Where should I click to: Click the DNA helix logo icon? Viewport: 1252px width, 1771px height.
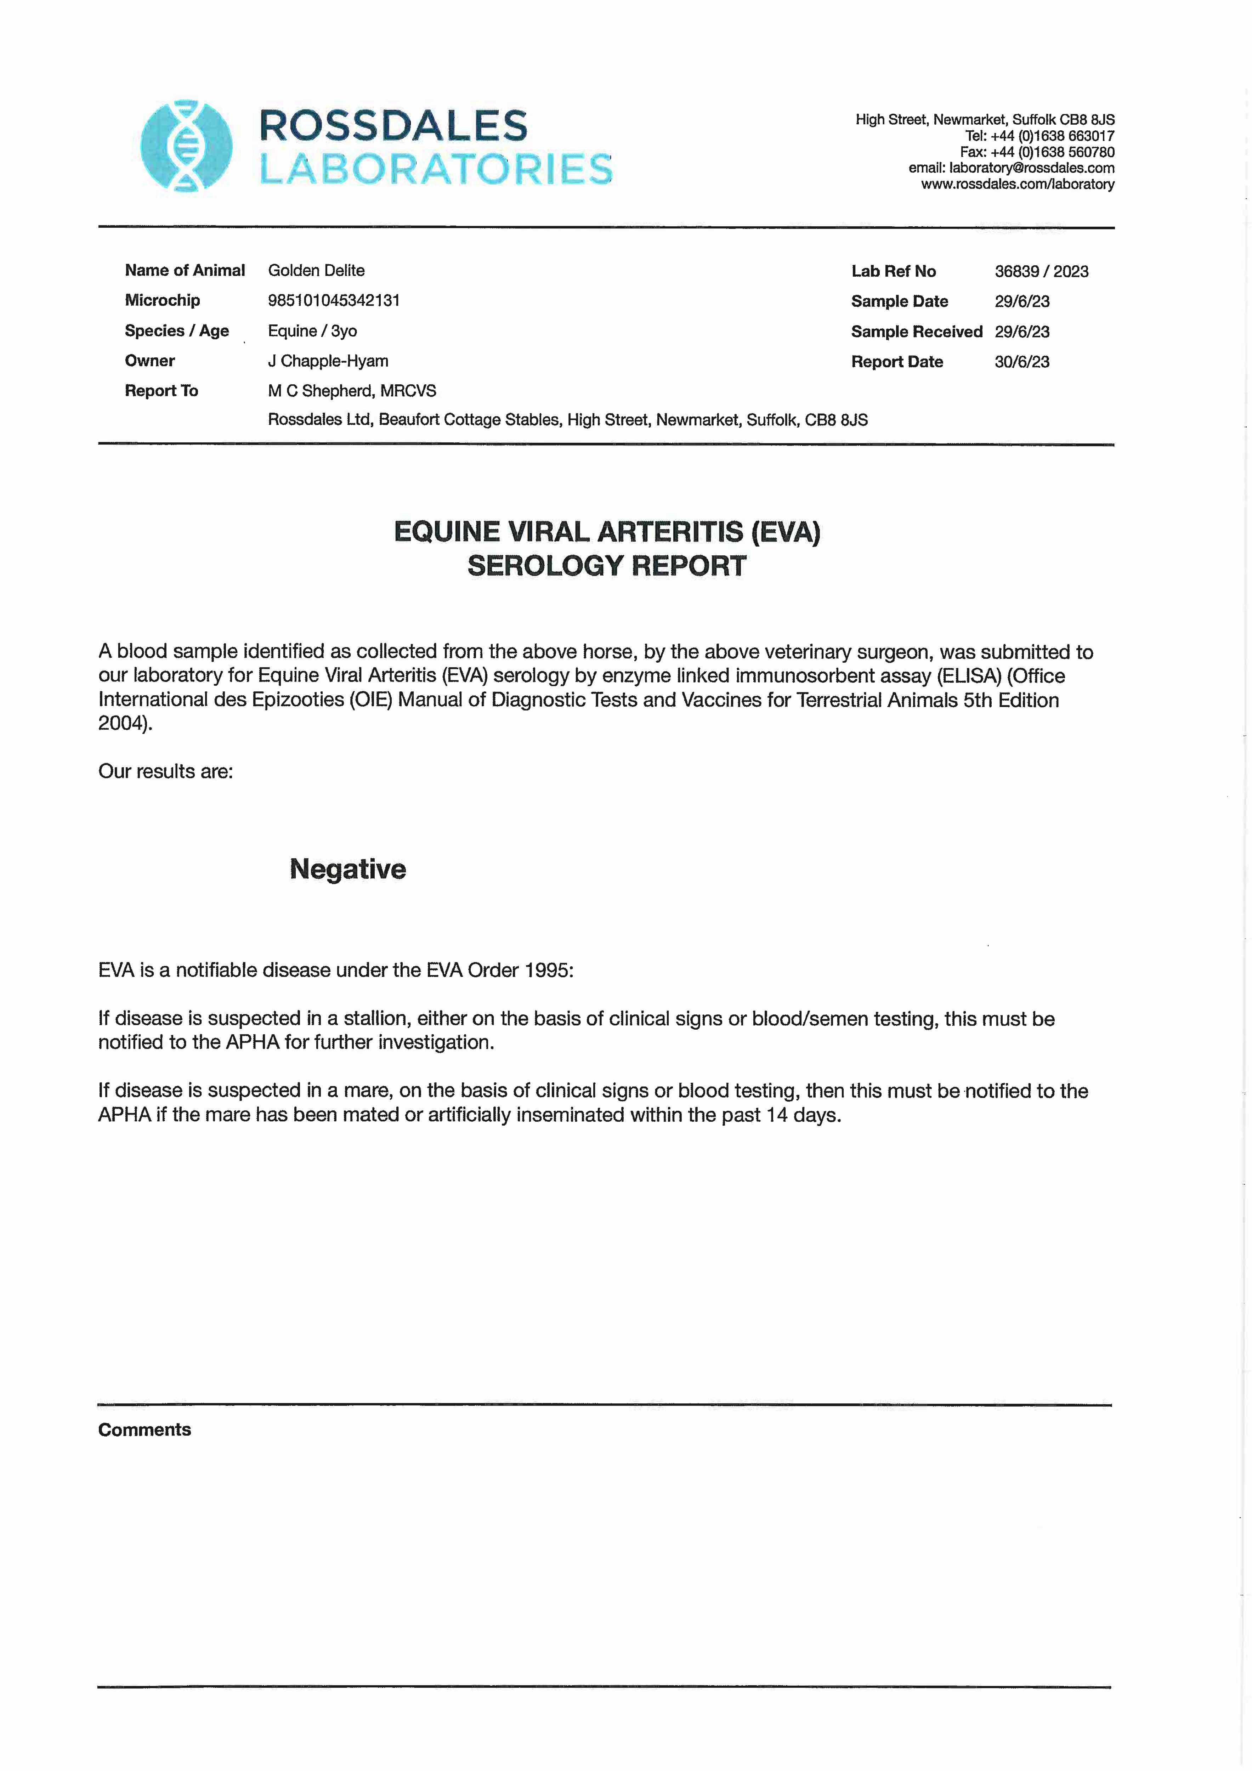(x=186, y=146)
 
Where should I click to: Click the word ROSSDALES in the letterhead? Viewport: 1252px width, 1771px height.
(x=393, y=126)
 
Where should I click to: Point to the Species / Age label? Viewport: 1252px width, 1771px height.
(x=177, y=331)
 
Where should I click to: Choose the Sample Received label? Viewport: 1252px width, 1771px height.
(x=917, y=332)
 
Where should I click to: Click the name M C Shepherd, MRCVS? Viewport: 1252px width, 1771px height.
(x=352, y=391)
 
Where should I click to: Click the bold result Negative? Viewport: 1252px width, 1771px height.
(x=348, y=869)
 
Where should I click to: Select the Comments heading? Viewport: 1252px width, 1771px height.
(x=144, y=1429)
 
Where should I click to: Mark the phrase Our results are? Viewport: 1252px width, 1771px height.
(x=165, y=771)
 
